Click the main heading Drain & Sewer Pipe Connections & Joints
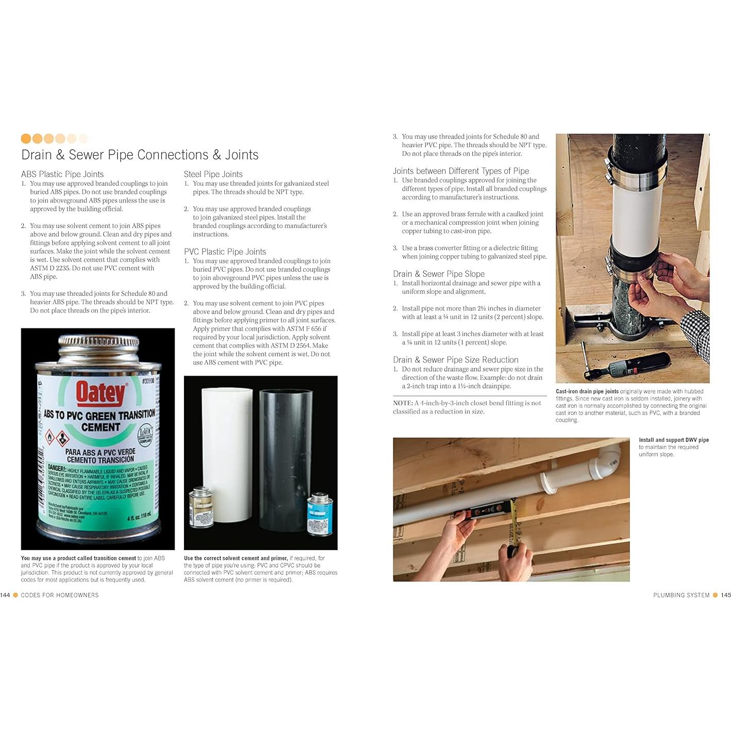pos(140,155)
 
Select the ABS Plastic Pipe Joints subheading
pos(62,174)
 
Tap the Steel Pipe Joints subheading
pos(213,174)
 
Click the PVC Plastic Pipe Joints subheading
pos(225,252)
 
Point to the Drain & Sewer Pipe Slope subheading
pos(439,274)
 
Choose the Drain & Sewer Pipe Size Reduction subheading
pos(456,360)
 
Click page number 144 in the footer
pos(5,595)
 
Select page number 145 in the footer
pos(726,595)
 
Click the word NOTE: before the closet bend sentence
pos(403,403)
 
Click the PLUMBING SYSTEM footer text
pos(681,595)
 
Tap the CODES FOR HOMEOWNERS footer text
pos(60,595)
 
